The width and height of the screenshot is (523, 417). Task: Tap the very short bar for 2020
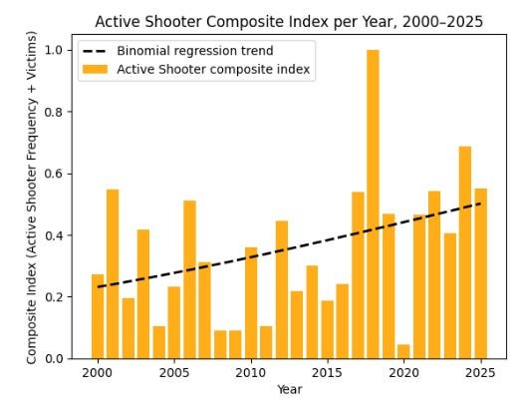pyautogui.click(x=403, y=351)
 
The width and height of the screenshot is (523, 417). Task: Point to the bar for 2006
pyautogui.click(x=189, y=279)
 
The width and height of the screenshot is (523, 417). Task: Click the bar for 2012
pyautogui.click(x=281, y=289)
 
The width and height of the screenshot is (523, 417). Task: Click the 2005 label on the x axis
pyautogui.click(x=174, y=372)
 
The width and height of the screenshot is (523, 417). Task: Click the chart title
pyautogui.click(x=288, y=21)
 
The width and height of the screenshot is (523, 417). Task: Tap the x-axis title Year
pyautogui.click(x=289, y=390)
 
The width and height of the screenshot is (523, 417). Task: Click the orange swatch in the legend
pyautogui.click(x=96, y=68)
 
